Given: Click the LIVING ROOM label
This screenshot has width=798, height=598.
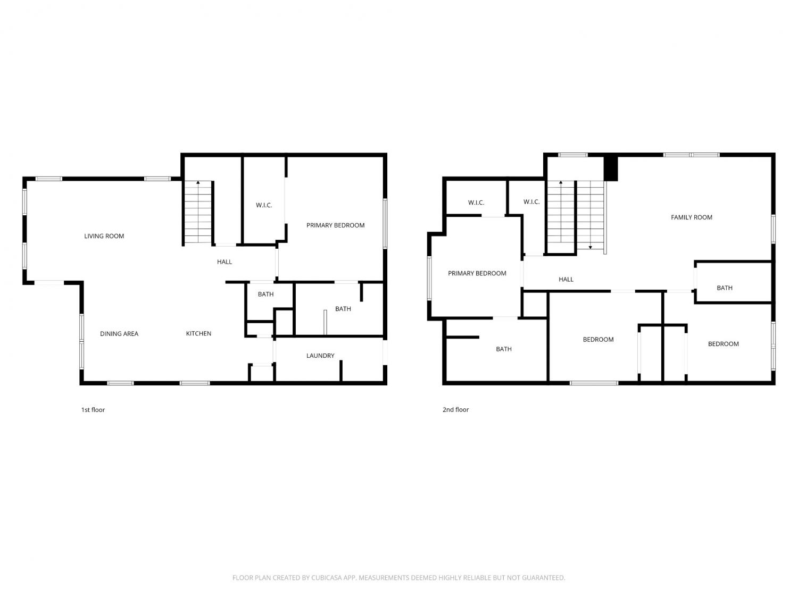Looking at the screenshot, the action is pyautogui.click(x=104, y=236).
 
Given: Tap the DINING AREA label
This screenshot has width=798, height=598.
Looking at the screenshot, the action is pyautogui.click(x=119, y=334).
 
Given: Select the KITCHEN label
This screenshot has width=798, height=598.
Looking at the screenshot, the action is pyautogui.click(x=198, y=333).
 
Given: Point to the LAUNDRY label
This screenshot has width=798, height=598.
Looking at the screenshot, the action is pyautogui.click(x=320, y=356).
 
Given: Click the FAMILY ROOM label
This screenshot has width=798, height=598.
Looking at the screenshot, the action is pyautogui.click(x=691, y=217).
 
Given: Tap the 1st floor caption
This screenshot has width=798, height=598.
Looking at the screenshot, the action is pyautogui.click(x=93, y=409).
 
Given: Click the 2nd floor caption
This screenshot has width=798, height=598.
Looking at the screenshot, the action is pyautogui.click(x=455, y=409).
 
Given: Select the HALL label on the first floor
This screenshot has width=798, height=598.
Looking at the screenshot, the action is pyautogui.click(x=225, y=262).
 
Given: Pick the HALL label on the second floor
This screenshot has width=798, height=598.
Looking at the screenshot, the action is pyautogui.click(x=566, y=279).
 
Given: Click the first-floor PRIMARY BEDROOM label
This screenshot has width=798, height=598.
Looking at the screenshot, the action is pyautogui.click(x=335, y=225).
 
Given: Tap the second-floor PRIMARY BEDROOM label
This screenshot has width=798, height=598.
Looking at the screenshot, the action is pyautogui.click(x=477, y=273).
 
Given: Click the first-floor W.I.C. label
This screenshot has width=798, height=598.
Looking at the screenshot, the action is pyautogui.click(x=263, y=205).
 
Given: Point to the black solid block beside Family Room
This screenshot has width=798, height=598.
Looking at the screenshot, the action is pyautogui.click(x=610, y=169).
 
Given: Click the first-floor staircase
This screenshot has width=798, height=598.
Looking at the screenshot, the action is pyautogui.click(x=198, y=213).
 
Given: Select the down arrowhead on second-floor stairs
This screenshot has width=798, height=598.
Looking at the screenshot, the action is pyautogui.click(x=591, y=247).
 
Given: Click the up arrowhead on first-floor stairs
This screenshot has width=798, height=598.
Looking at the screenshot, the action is pyautogui.click(x=198, y=182).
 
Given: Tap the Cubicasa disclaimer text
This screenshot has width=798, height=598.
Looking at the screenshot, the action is pyautogui.click(x=398, y=577).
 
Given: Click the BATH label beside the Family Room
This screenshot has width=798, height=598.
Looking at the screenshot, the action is pyautogui.click(x=724, y=288).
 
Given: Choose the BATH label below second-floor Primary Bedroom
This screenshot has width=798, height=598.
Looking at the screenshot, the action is pyautogui.click(x=503, y=349).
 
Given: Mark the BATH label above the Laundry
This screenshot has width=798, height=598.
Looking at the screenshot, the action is pyautogui.click(x=343, y=309).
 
